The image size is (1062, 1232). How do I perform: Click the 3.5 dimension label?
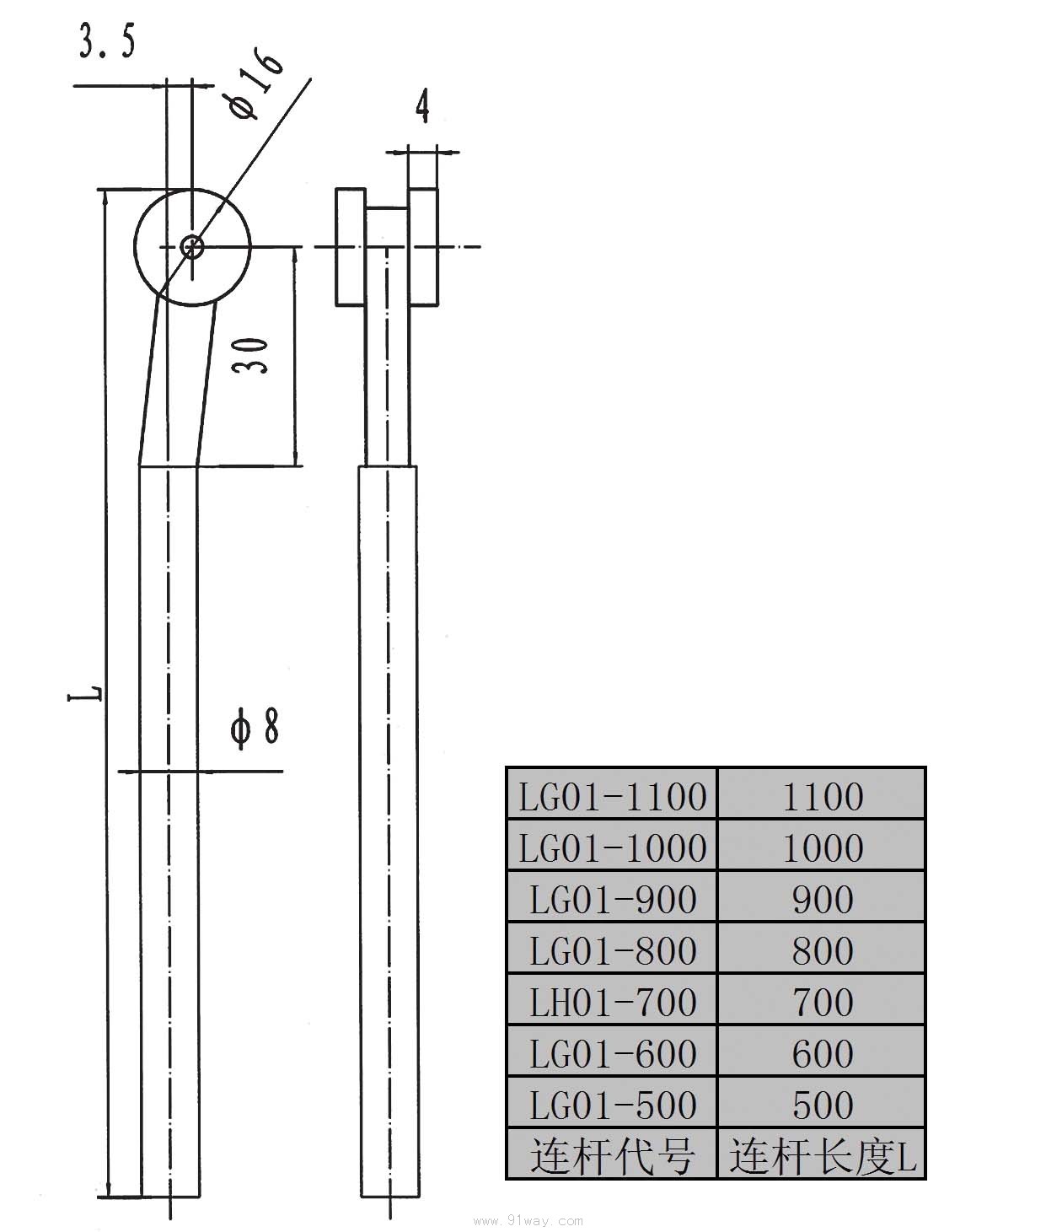108,41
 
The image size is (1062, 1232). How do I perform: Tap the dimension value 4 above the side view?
423,106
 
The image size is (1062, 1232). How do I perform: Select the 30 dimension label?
250,355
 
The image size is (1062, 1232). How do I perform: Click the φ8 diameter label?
255,727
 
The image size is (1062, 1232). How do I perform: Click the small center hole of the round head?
192,246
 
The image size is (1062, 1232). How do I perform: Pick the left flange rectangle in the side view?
351,247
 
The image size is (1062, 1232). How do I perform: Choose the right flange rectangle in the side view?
423,247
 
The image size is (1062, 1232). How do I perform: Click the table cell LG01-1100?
612,797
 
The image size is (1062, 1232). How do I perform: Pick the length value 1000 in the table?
823,848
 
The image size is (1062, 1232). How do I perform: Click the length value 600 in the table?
823,1054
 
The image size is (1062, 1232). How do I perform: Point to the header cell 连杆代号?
612,1157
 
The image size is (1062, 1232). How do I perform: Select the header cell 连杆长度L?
823,1157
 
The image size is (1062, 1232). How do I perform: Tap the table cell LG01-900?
612,900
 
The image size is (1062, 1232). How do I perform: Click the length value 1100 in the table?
823,797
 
